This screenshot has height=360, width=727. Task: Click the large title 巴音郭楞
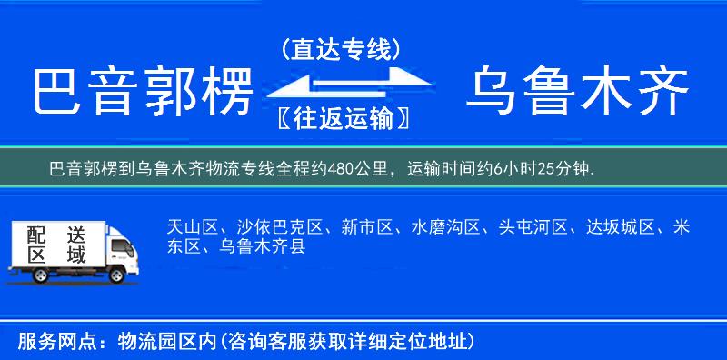coord(141,92)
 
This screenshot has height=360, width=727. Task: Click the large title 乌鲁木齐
coord(577,92)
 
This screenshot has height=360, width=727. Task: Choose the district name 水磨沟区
coord(443,227)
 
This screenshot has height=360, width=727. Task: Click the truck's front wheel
coord(117,274)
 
